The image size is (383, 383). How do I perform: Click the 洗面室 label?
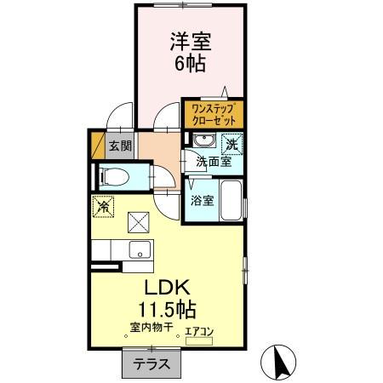tap(214, 161)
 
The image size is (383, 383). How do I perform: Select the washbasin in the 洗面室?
tap(203, 141)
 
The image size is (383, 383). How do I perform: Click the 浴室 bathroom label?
tap(202, 201)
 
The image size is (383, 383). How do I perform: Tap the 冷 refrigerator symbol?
tap(102, 206)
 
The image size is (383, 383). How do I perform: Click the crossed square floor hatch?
tap(138, 221)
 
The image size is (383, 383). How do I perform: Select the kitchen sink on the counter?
tap(138, 250)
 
